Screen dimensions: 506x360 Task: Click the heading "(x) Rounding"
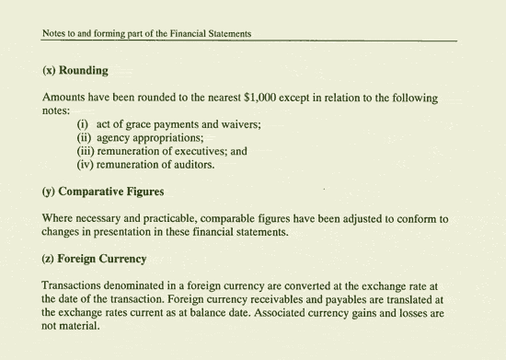[x=75, y=70]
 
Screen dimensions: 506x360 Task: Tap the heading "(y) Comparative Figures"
[x=103, y=192]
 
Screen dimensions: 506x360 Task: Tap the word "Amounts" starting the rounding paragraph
[x=66, y=98]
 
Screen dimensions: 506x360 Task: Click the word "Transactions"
[x=77, y=286]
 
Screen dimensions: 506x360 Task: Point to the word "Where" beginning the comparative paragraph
[x=59, y=219]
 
